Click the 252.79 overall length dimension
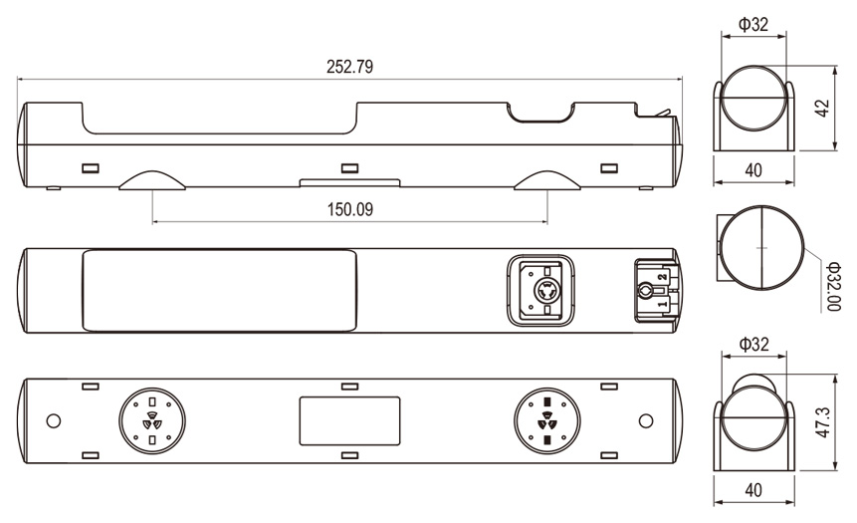point(349,67)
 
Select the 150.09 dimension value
point(349,209)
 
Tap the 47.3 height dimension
point(823,421)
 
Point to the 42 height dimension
point(822,109)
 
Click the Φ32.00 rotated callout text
point(833,286)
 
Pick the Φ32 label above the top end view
point(753,25)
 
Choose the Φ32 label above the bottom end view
point(753,344)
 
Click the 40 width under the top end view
point(753,170)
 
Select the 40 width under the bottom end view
point(753,490)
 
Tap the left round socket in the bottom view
point(152,421)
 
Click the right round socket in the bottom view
point(547,421)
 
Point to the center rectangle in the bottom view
point(349,421)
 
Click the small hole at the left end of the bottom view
point(54,421)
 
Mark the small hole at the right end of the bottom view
point(646,421)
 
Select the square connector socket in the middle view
point(540,291)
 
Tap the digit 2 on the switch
point(663,277)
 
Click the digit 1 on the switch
point(663,304)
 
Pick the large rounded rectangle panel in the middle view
point(219,291)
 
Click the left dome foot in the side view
point(152,180)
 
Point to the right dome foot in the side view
point(547,180)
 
